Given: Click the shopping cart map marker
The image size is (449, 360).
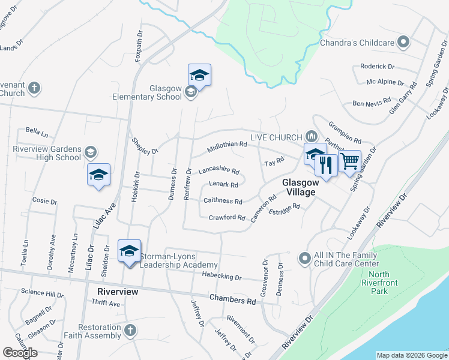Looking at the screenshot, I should pyautogui.click(x=350, y=161).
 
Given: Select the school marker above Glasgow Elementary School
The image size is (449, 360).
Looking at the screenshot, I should pyautogui.click(x=199, y=75).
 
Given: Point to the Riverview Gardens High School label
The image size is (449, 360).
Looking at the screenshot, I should pyautogui.click(x=46, y=154).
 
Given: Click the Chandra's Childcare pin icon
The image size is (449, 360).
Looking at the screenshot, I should pyautogui.click(x=404, y=42).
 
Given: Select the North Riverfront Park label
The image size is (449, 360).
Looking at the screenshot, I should pyautogui.click(x=375, y=283).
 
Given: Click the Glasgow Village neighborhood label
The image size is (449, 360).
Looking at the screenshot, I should pyautogui.click(x=299, y=187).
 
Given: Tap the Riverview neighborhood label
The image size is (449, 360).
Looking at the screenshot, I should pyautogui.click(x=118, y=292).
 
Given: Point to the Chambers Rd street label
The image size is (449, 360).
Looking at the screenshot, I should pyautogui.click(x=232, y=299).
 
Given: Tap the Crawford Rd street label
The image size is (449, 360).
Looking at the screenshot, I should pyautogui.click(x=227, y=217).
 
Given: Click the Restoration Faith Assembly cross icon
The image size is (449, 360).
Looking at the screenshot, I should pyautogui.click(x=130, y=329).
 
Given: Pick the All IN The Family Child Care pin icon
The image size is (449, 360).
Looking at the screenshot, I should pyautogui.click(x=305, y=259).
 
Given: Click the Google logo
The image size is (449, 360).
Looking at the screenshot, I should pyautogui.click(x=20, y=353).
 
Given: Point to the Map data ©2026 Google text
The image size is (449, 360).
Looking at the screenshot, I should pyautogui.click(x=411, y=355).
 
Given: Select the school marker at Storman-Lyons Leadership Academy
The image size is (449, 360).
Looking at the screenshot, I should pyautogui.click(x=129, y=251).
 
